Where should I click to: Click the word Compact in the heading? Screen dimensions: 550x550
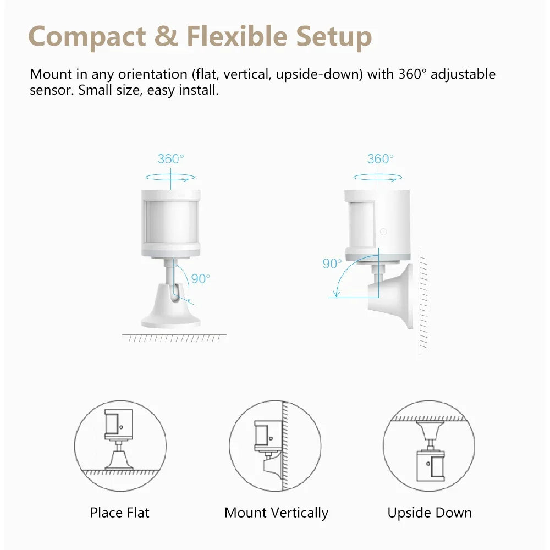coord(87,36)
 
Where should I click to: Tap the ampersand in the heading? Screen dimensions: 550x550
coord(166,36)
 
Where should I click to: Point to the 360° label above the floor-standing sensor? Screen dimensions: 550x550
coord(171,159)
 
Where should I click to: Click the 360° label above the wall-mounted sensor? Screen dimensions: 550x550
coord(381,159)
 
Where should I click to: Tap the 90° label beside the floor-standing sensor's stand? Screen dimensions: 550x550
coord(201,278)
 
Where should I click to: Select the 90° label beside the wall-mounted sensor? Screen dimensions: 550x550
coord(332,263)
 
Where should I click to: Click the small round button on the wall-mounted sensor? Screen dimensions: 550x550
coord(383,232)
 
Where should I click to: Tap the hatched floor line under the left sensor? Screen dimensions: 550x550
coord(174,338)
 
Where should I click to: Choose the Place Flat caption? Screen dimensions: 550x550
coord(119,513)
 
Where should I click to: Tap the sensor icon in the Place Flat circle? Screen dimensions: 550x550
coord(119,439)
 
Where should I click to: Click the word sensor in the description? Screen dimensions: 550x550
coord(50,90)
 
